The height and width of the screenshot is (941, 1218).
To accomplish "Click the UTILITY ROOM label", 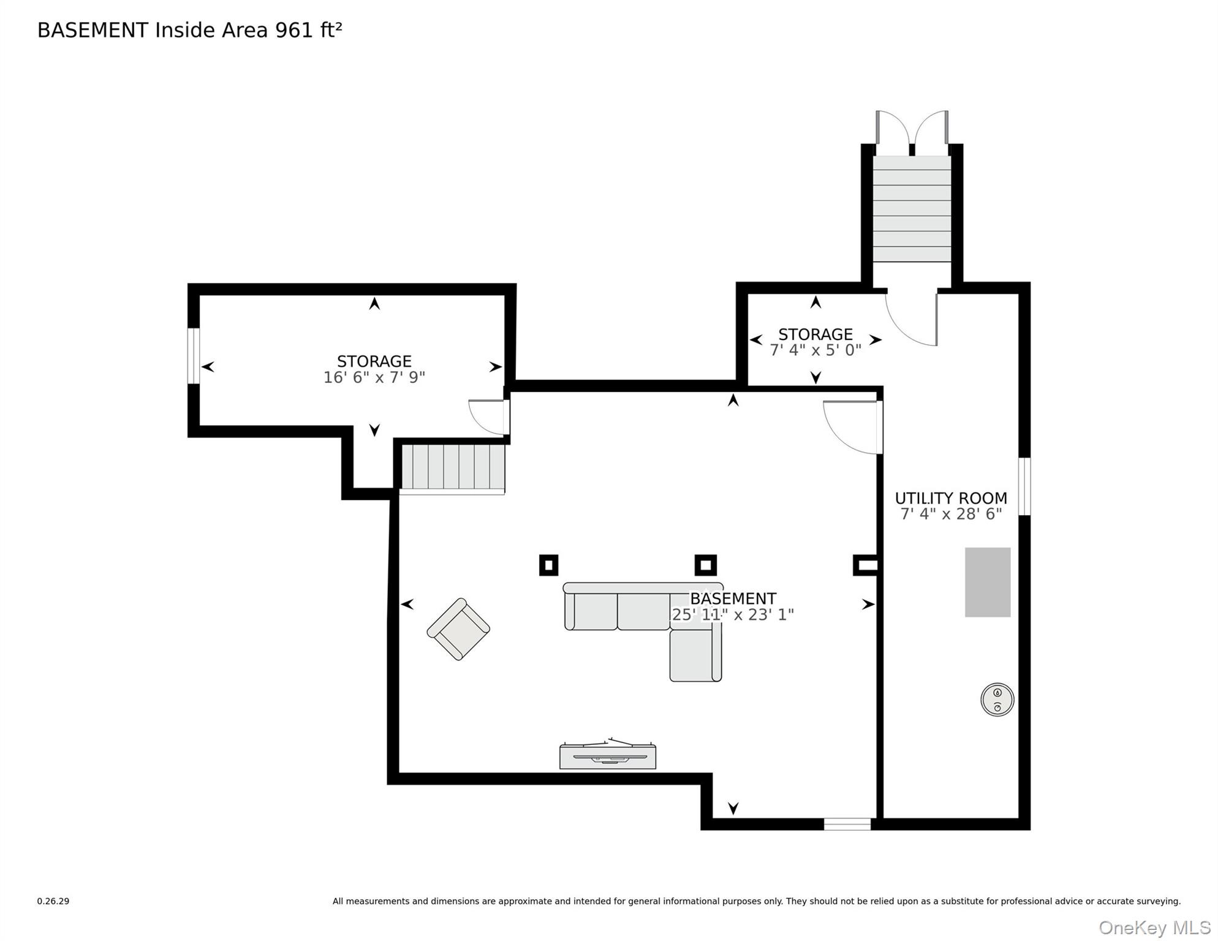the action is [950, 498].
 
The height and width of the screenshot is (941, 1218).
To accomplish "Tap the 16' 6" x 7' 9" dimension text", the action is [374, 377].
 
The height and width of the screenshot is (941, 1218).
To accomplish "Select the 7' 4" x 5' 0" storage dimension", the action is [815, 350].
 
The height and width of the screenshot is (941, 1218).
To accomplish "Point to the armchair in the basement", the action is [458, 629].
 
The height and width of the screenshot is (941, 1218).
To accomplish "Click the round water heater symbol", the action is [997, 700].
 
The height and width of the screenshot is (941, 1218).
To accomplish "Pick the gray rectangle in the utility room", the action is [988, 582].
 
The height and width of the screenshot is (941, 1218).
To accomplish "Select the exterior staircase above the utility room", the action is [912, 209].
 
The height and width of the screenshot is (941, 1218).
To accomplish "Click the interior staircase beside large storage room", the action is [452, 468].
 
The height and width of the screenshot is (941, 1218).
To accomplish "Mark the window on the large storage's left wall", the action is [194, 356].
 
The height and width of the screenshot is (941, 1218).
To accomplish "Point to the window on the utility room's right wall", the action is [1024, 486].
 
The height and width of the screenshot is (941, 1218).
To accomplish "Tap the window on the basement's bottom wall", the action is [847, 824].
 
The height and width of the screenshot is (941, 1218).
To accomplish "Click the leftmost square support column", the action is [548, 565].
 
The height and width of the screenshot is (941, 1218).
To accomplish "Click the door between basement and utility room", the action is [852, 427].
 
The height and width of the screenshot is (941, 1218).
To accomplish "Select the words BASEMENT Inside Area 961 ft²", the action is [190, 30].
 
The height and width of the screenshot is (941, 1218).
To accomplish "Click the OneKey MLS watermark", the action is [1154, 928].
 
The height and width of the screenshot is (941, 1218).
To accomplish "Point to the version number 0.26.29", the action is [53, 901].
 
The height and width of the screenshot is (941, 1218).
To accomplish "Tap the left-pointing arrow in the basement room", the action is [407, 605].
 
